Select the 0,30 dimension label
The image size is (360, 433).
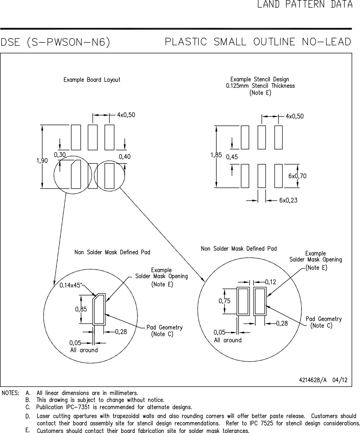click(x=60, y=155)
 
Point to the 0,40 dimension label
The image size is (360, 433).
click(x=124, y=156)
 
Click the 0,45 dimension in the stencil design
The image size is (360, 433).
click(x=232, y=157)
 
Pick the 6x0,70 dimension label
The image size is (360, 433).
click(x=297, y=176)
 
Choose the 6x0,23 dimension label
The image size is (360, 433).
click(x=289, y=200)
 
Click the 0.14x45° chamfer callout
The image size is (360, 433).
click(x=70, y=285)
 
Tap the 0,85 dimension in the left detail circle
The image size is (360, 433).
click(x=81, y=309)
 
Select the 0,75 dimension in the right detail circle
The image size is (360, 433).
click(x=225, y=301)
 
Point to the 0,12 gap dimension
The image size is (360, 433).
click(x=270, y=282)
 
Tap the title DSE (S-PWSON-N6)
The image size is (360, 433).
click(x=55, y=42)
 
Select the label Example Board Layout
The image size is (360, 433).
click(x=92, y=80)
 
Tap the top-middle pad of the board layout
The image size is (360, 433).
click(x=92, y=137)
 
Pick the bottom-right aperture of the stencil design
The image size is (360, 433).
click(x=278, y=176)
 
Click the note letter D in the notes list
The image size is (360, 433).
click(x=27, y=416)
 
